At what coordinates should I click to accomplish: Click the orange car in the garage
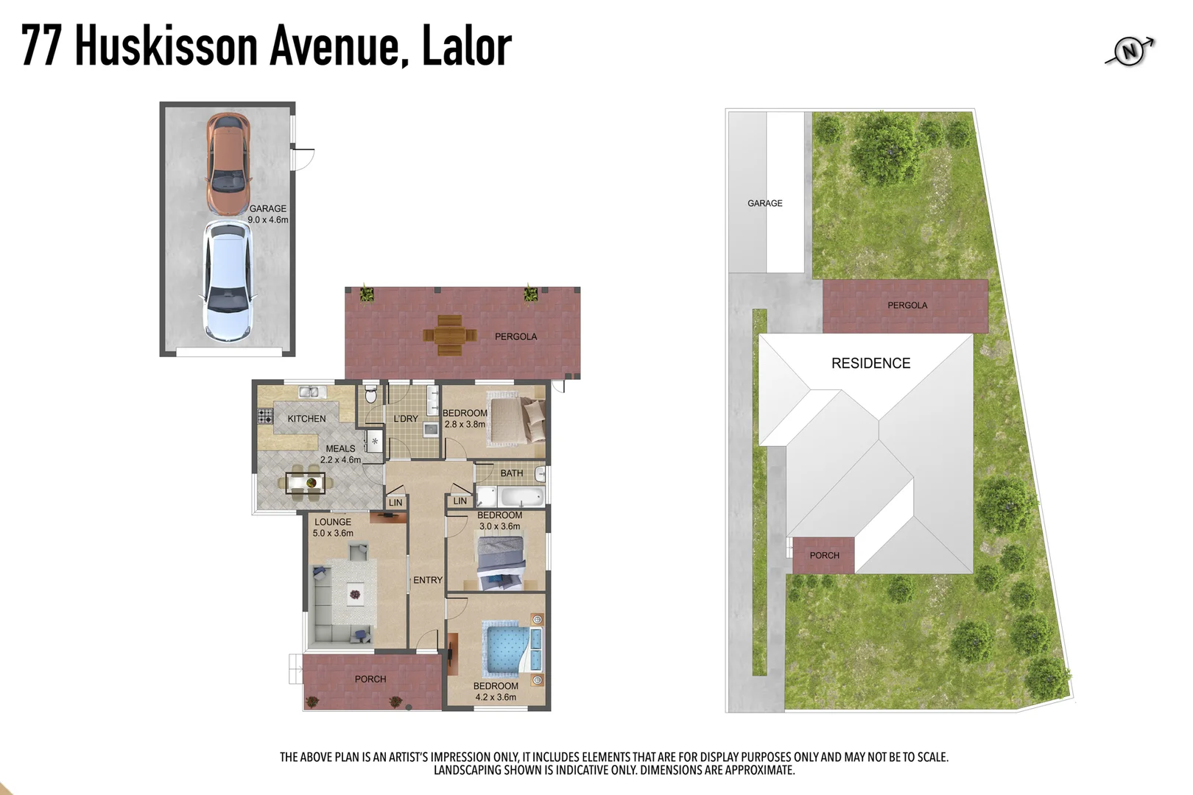(228, 162)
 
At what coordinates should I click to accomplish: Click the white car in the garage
(228, 281)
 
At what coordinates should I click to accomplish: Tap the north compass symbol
(1130, 51)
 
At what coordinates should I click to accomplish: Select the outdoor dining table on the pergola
(448, 335)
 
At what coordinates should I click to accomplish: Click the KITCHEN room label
(306, 419)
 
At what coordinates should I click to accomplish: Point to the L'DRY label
(406, 419)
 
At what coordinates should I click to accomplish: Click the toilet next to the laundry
(371, 395)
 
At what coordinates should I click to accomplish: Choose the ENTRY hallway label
(428, 580)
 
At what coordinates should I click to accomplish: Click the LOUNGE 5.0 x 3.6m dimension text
(333, 533)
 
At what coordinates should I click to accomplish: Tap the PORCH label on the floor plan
(370, 679)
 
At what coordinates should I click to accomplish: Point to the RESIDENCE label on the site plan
(870, 363)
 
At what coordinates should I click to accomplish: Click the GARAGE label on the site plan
(764, 203)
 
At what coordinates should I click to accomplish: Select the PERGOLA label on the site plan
(907, 305)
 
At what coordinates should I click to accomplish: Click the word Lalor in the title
(466, 46)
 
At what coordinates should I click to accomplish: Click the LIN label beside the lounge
(395, 503)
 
